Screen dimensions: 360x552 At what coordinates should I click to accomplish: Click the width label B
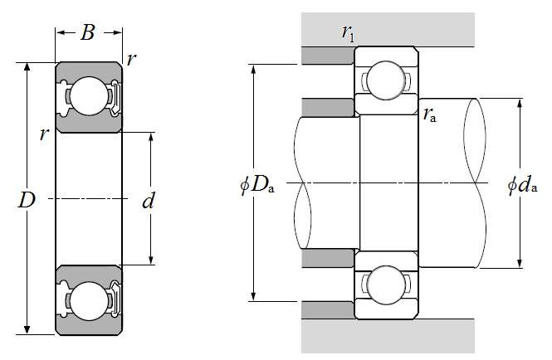click(x=88, y=33)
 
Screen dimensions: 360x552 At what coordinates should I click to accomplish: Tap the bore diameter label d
click(x=149, y=200)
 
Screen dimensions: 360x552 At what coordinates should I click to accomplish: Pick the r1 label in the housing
click(x=349, y=32)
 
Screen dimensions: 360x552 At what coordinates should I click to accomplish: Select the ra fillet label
click(x=430, y=115)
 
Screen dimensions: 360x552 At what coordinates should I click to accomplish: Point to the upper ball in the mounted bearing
click(x=386, y=81)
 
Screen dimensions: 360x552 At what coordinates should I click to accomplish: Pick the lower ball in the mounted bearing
click(x=386, y=285)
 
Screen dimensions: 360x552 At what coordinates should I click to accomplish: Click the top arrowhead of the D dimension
click(x=28, y=66)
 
